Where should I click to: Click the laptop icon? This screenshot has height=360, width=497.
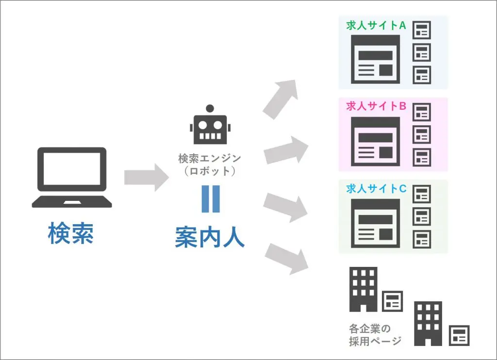pos(72,178)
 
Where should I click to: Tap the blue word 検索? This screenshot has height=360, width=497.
pos(71,234)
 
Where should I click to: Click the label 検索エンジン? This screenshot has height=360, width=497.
pos(210,158)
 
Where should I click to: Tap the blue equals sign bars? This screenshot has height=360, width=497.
pos(210,199)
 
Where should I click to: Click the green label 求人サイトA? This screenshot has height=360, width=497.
pos(376,26)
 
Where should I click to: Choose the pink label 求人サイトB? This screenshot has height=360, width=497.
pos(376,107)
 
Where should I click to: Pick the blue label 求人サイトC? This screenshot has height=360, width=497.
pos(376,189)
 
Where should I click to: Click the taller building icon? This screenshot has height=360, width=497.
pos(363,289)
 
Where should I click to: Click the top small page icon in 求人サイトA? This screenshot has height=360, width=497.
pos(422,31)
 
